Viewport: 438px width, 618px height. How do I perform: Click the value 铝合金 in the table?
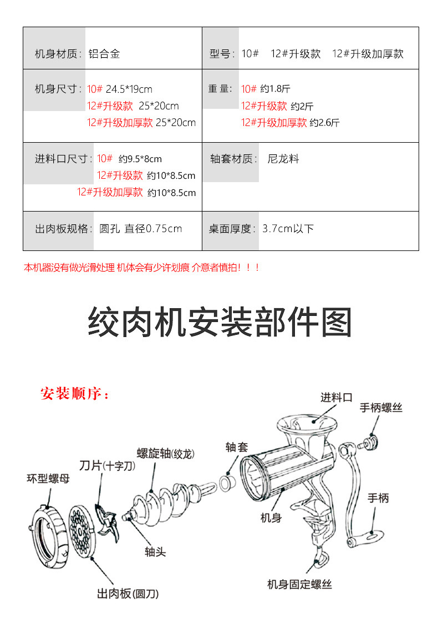[104, 54]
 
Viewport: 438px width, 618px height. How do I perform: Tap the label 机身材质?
[58, 54]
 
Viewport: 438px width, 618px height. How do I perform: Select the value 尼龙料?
[283, 159]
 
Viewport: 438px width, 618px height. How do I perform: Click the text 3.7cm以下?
[288, 229]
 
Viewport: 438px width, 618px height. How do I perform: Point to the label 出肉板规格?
[63, 229]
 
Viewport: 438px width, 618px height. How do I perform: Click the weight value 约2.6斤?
[324, 123]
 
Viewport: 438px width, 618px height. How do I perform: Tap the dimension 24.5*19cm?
[129, 89]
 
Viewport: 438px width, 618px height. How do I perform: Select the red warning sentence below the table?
[141, 268]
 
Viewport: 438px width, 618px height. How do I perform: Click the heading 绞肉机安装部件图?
[220, 321]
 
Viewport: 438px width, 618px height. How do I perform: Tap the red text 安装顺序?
[75, 394]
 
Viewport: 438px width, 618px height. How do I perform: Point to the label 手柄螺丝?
[381, 408]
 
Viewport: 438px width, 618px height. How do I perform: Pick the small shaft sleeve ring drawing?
[227, 483]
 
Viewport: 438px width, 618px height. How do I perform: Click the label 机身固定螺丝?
[299, 584]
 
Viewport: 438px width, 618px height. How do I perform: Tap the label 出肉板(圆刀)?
[128, 594]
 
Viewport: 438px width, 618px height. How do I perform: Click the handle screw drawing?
[370, 443]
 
